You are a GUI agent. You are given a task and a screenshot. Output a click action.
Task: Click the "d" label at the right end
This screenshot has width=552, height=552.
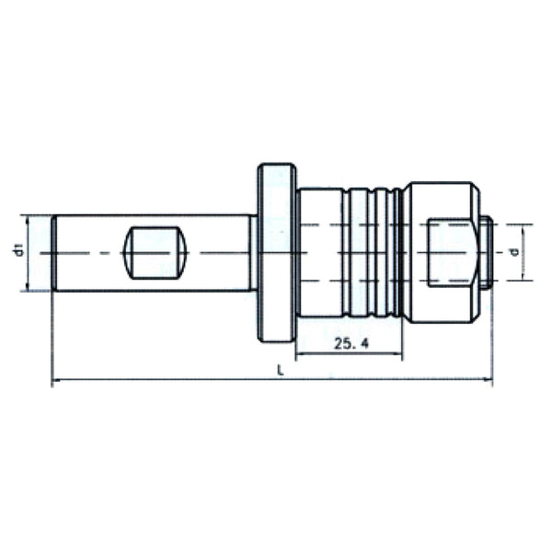click(515, 251)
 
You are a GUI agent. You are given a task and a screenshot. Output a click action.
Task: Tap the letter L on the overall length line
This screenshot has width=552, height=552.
click(278, 369)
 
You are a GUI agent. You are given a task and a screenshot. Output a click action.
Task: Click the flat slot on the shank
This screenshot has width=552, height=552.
click(155, 253)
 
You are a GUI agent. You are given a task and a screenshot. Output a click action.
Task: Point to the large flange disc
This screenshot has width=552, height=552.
click(276, 253)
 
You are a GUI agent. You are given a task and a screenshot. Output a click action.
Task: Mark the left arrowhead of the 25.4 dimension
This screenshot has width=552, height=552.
click(301, 354)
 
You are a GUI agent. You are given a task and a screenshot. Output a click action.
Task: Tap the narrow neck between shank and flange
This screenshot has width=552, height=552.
click(253, 253)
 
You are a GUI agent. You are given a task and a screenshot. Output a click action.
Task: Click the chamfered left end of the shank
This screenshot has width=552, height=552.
click(55, 253)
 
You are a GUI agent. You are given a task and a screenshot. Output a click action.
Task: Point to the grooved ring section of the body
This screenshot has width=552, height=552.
click(373, 253)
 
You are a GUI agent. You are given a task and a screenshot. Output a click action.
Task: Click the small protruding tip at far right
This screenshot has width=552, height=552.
click(488, 251)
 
